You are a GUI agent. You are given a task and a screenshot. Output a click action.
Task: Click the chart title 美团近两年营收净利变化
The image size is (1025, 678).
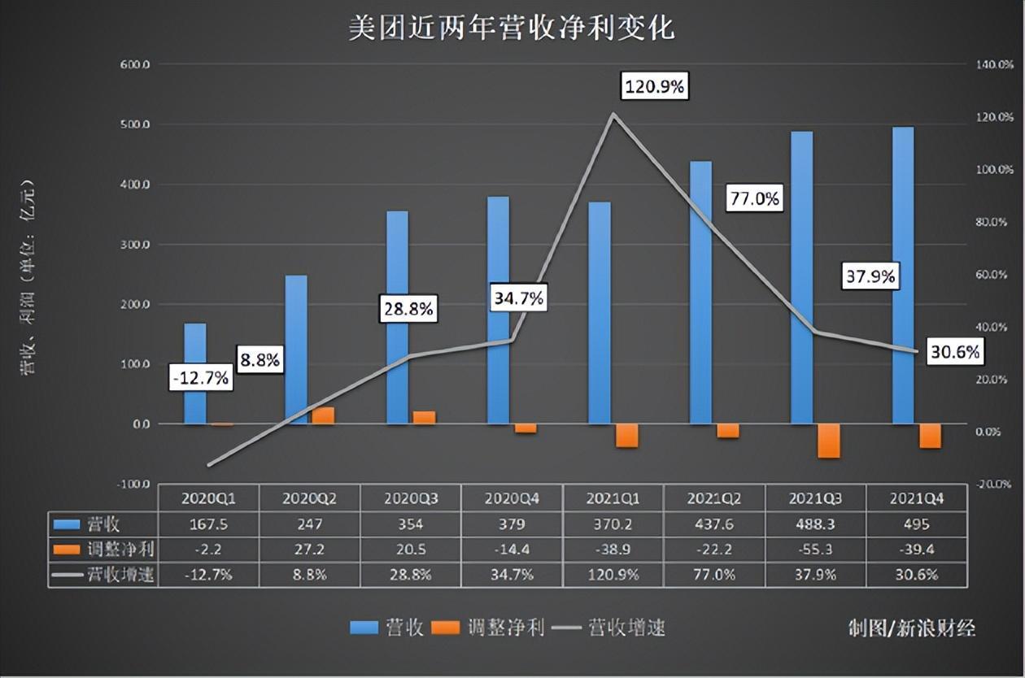pyautogui.click(x=512, y=28)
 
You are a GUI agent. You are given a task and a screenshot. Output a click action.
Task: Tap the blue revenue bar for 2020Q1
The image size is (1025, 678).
pyautogui.click(x=194, y=373)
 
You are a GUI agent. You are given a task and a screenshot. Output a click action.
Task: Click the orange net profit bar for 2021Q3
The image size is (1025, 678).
pyautogui.click(x=828, y=441)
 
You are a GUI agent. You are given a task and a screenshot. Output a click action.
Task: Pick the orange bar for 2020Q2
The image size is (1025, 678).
pyautogui.click(x=323, y=415)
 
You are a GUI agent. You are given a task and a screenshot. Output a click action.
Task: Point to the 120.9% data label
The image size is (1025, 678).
pyautogui.click(x=654, y=85)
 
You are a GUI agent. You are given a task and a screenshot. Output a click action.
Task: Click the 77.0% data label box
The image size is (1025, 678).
pyautogui.click(x=753, y=198)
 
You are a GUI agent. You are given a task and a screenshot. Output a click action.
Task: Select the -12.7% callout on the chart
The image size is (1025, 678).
pyautogui.click(x=200, y=378)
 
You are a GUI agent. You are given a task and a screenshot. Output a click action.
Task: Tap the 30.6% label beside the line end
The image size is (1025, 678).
pyautogui.click(x=955, y=351)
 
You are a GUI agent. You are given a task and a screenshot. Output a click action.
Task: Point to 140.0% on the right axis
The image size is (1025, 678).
pyautogui.click(x=992, y=64)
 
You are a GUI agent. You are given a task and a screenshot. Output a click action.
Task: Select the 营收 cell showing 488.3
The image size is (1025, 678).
pyautogui.click(x=815, y=524)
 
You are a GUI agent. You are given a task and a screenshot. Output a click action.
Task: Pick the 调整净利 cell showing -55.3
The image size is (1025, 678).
pyautogui.click(x=815, y=550)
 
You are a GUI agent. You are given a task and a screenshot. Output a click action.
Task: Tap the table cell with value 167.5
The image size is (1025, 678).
pyautogui.click(x=208, y=524)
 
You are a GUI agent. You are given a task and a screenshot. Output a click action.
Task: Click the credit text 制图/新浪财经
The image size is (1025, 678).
pyautogui.click(x=911, y=628)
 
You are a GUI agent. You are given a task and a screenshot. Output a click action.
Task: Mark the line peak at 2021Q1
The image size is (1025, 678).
pyautogui.click(x=613, y=114)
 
